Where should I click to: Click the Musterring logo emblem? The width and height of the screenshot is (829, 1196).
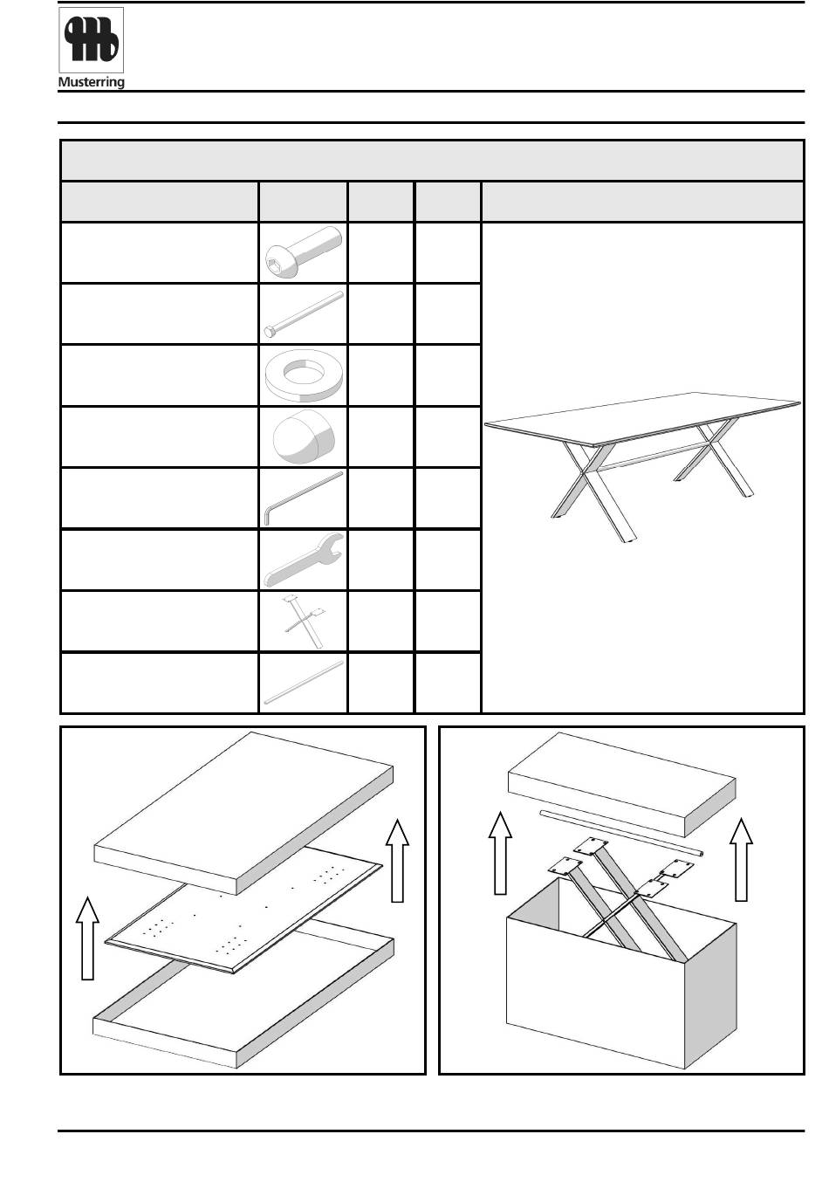[91, 40]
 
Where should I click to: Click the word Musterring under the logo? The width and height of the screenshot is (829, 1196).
[91, 83]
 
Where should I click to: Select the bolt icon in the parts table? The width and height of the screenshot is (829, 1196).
[302, 252]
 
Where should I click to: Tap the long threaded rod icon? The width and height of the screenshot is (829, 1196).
[302, 313]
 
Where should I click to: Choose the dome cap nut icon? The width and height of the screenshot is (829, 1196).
[302, 436]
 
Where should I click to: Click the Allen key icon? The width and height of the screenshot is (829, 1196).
[302, 498]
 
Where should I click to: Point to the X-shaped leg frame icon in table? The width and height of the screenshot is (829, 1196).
[302, 622]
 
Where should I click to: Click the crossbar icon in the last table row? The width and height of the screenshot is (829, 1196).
[302, 682]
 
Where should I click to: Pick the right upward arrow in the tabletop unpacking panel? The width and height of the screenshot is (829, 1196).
[397, 860]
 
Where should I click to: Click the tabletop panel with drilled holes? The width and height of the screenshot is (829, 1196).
[244, 908]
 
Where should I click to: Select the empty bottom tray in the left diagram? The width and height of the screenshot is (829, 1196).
[244, 1013]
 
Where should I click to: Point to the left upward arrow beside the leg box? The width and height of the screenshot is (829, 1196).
[499, 851]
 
